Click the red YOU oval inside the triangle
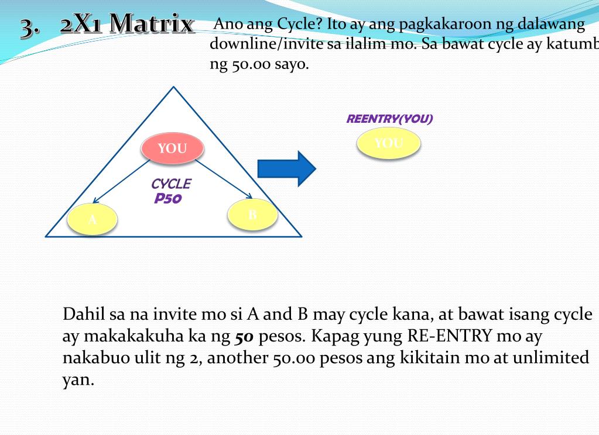172,148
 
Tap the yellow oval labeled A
93,220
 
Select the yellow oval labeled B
252,215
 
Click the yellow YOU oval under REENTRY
389,143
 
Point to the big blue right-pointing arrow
287,169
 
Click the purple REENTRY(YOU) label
389,119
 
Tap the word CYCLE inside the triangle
170,184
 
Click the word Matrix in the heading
152,24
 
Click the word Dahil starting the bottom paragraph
84,314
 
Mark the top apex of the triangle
173,88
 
